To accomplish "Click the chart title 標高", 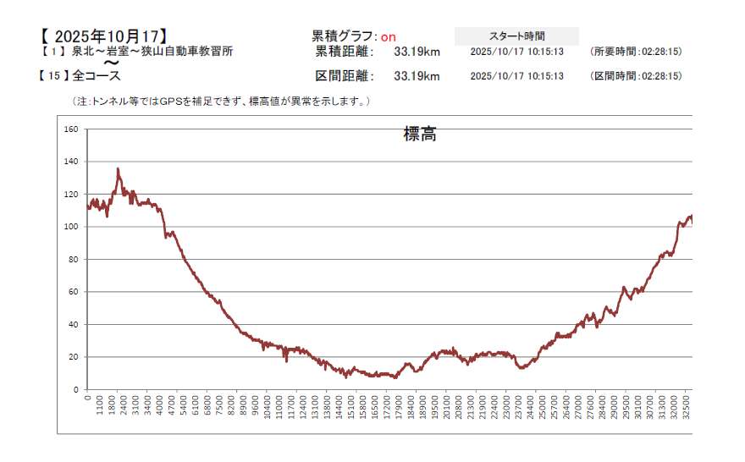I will pyautogui.click(x=420, y=134).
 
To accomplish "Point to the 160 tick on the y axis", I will pyautogui.click(x=71, y=129).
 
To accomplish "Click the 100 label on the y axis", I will pyautogui.click(x=71, y=227).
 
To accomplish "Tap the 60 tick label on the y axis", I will pyautogui.click(x=74, y=292).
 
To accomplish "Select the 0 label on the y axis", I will pyautogui.click(x=76, y=389).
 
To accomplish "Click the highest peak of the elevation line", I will pyautogui.click(x=118, y=169).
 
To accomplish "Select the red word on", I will pyautogui.click(x=388, y=36).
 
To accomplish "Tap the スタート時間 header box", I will pyautogui.click(x=516, y=36).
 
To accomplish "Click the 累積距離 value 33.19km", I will pyautogui.click(x=417, y=52).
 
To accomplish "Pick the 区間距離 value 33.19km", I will pyautogui.click(x=417, y=77).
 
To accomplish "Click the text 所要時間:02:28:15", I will pyautogui.click(x=636, y=52).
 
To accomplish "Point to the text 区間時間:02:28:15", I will pyautogui.click(x=636, y=77).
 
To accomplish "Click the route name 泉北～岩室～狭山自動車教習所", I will pyautogui.click(x=152, y=51).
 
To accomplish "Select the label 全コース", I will pyautogui.click(x=97, y=76).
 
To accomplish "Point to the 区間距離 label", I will pyautogui.click(x=344, y=77).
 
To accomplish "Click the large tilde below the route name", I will pyautogui.click(x=111, y=63).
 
